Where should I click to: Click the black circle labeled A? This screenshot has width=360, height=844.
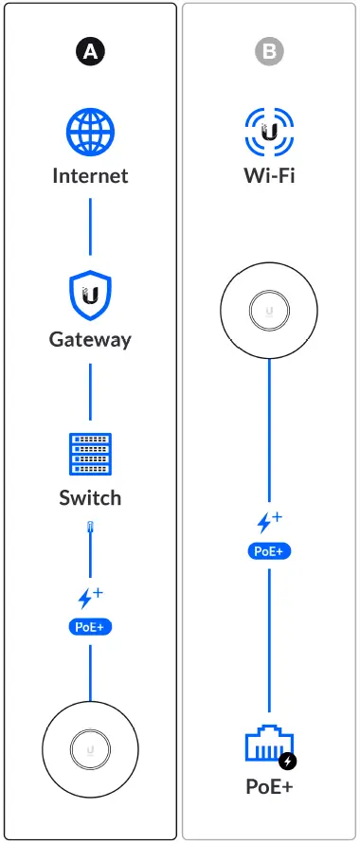click(x=90, y=53)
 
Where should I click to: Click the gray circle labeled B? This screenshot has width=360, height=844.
click(x=271, y=53)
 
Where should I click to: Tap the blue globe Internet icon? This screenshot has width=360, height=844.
click(x=90, y=132)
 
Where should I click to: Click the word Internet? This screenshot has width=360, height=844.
click(x=90, y=176)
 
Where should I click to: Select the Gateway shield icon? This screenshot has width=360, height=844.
click(x=90, y=296)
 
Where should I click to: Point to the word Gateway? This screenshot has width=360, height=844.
click(x=90, y=339)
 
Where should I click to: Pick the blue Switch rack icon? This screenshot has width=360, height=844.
click(x=90, y=456)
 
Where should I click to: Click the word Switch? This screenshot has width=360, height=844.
click(x=90, y=498)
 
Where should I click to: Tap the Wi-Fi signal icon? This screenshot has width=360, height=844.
click(x=271, y=132)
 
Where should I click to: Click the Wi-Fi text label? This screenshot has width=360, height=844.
click(x=271, y=176)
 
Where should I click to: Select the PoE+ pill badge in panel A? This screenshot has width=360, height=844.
click(x=90, y=626)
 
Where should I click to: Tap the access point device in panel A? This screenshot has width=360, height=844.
click(x=90, y=750)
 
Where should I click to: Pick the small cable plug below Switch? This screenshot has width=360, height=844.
click(x=90, y=530)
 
